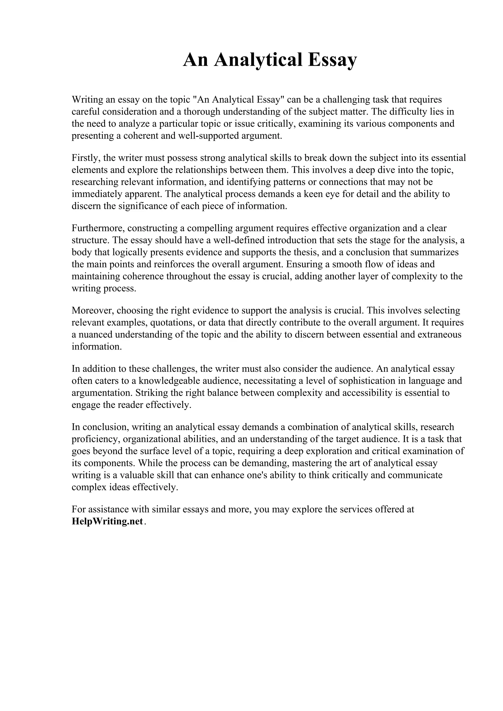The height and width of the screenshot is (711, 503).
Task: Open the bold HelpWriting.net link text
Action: tap(108, 521)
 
